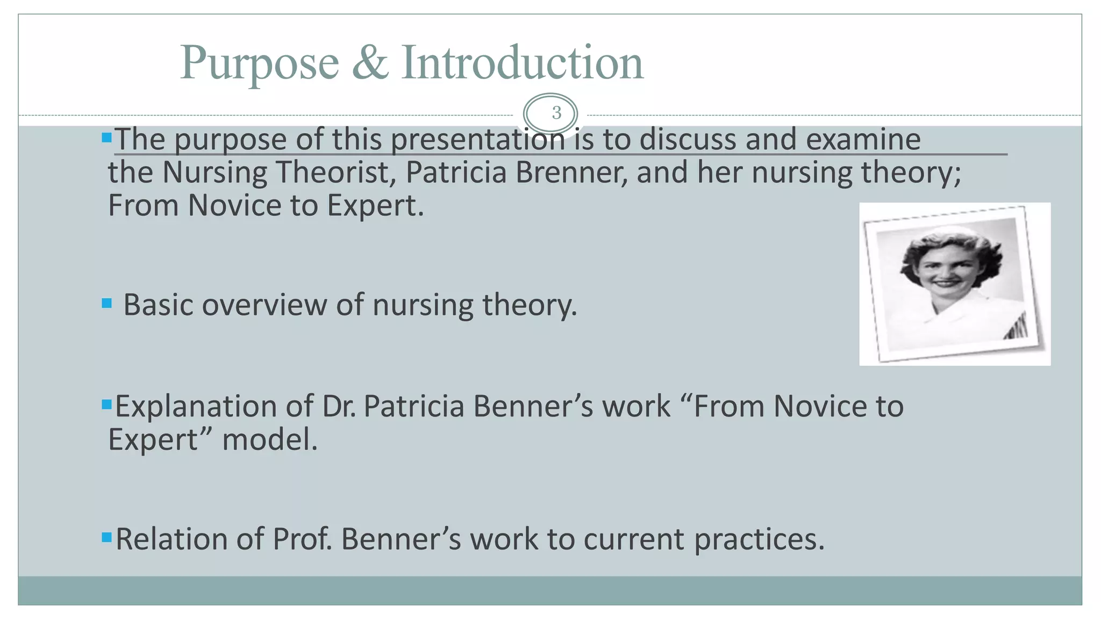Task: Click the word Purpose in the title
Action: (259, 64)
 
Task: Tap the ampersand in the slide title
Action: (370, 63)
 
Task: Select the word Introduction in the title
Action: (522, 63)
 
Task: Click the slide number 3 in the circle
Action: (556, 113)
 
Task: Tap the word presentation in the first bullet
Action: (477, 140)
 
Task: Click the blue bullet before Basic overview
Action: (106, 304)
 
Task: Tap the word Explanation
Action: (214, 407)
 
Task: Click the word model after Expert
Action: (270, 440)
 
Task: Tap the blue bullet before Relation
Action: (106, 537)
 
